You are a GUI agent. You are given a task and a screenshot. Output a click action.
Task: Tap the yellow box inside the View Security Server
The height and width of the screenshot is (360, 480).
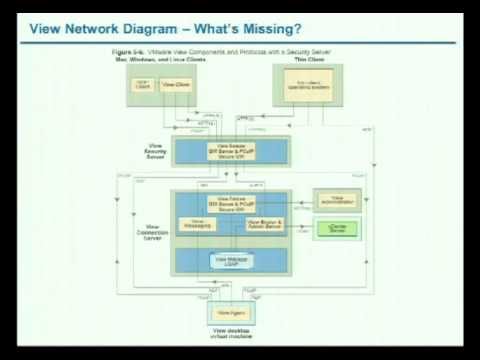pos(231,151)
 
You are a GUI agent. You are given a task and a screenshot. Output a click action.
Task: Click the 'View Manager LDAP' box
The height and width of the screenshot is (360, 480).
pos(231,260)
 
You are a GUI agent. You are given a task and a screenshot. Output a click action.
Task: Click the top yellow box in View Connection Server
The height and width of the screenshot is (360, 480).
pos(231,201)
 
